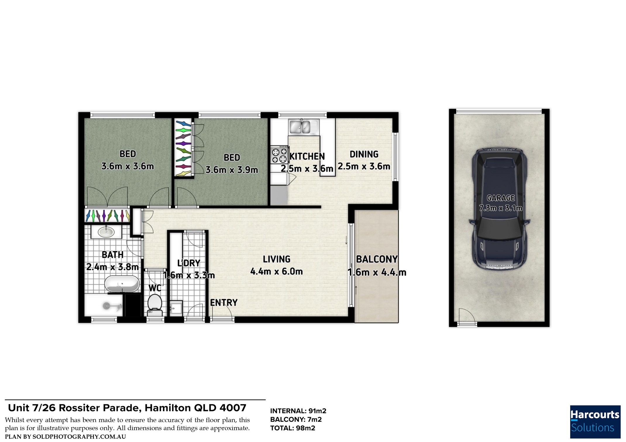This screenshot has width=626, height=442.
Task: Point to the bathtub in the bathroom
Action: (x=122, y=284)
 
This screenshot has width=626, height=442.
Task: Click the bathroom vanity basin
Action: (x=106, y=232)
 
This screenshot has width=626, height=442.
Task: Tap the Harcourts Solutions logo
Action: (x=595, y=422)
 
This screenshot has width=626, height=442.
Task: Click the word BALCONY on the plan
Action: (x=377, y=259)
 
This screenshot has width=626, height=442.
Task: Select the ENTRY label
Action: (x=224, y=303)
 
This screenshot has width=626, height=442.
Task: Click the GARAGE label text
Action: (x=501, y=198)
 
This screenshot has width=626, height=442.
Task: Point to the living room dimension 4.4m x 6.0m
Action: (x=276, y=271)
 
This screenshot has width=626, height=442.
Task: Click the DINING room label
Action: (x=364, y=154)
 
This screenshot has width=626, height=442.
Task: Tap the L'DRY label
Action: (x=189, y=263)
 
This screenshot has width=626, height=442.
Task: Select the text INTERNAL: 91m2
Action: (x=298, y=411)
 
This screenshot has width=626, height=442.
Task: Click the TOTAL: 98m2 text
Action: (x=293, y=428)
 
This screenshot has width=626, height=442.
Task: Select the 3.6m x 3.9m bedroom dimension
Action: (x=232, y=170)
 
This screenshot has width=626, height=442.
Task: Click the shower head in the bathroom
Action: (x=107, y=306)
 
